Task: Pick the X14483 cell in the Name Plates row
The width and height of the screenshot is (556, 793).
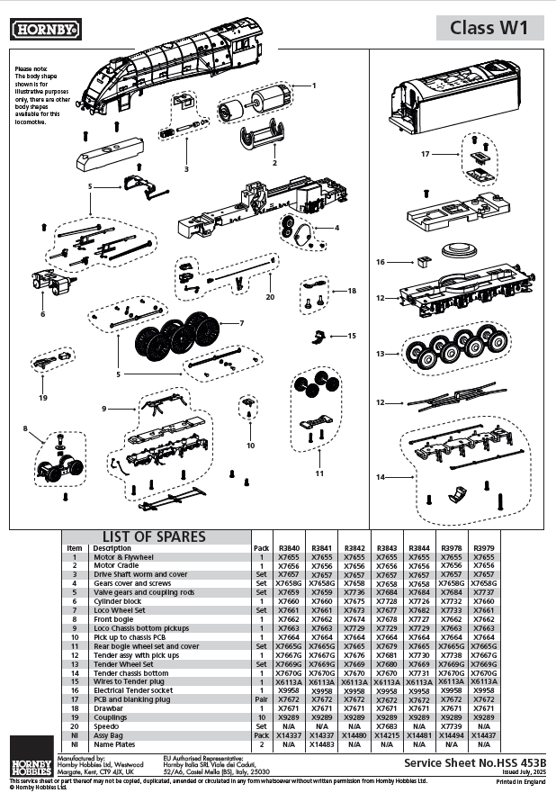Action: (x=322, y=744)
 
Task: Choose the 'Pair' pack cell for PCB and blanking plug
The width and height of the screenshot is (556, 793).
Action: (x=262, y=699)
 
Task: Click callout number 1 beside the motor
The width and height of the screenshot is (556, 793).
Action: (x=314, y=85)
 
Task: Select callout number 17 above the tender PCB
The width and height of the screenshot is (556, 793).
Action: (x=426, y=154)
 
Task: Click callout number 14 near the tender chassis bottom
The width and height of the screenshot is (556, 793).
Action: (x=381, y=476)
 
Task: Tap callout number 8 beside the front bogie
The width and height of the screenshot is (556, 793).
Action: (x=25, y=428)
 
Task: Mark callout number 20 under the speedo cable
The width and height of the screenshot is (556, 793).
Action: (x=269, y=296)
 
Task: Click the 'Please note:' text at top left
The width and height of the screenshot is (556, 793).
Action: (x=32, y=69)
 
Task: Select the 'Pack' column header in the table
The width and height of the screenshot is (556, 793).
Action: (x=262, y=548)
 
